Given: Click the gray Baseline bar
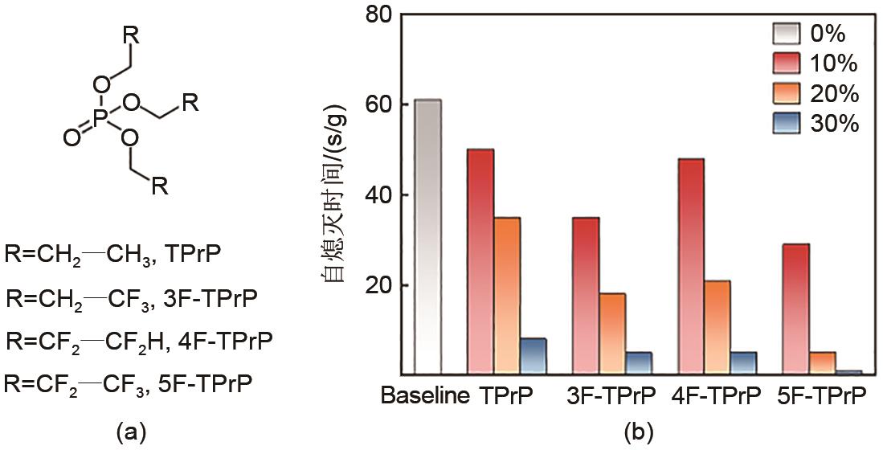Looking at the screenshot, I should coord(428,237).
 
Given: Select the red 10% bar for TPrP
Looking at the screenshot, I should coord(480,261).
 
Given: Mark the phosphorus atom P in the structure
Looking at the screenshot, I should coord(100,119).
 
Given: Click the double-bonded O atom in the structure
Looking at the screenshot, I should coord(71,139).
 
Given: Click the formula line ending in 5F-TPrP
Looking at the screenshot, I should coord(129,382).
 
